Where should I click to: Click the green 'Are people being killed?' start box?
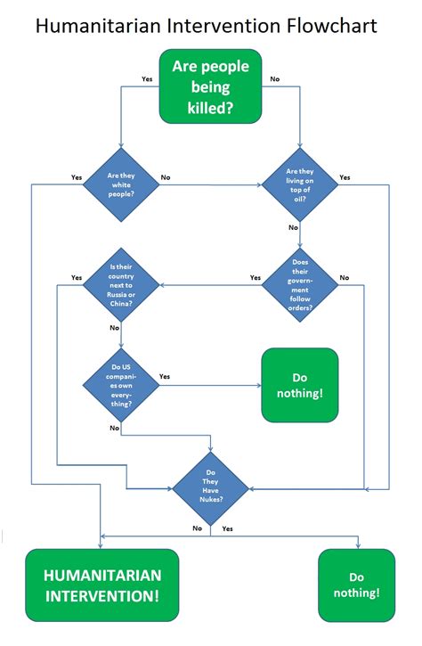[x=210, y=87]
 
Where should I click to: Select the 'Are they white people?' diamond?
[x=121, y=184]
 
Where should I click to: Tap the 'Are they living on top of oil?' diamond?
[x=300, y=184]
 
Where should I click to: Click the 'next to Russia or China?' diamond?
[x=121, y=284]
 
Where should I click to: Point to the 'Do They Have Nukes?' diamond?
[x=210, y=487]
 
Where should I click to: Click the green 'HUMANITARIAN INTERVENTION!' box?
[x=101, y=585]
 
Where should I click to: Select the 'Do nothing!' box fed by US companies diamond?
[x=299, y=385]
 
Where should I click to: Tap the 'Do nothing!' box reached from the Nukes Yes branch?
[x=356, y=585]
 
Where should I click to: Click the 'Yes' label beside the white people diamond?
[x=77, y=177]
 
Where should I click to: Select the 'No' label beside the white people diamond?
[x=166, y=177]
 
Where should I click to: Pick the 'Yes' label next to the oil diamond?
[x=345, y=177]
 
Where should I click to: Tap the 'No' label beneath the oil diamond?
[x=293, y=228]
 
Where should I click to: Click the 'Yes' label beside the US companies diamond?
[x=165, y=377]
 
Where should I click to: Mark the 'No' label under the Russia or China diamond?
[x=114, y=328]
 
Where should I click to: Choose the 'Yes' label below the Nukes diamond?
[x=227, y=528]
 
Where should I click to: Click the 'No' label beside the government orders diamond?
[x=345, y=277]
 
